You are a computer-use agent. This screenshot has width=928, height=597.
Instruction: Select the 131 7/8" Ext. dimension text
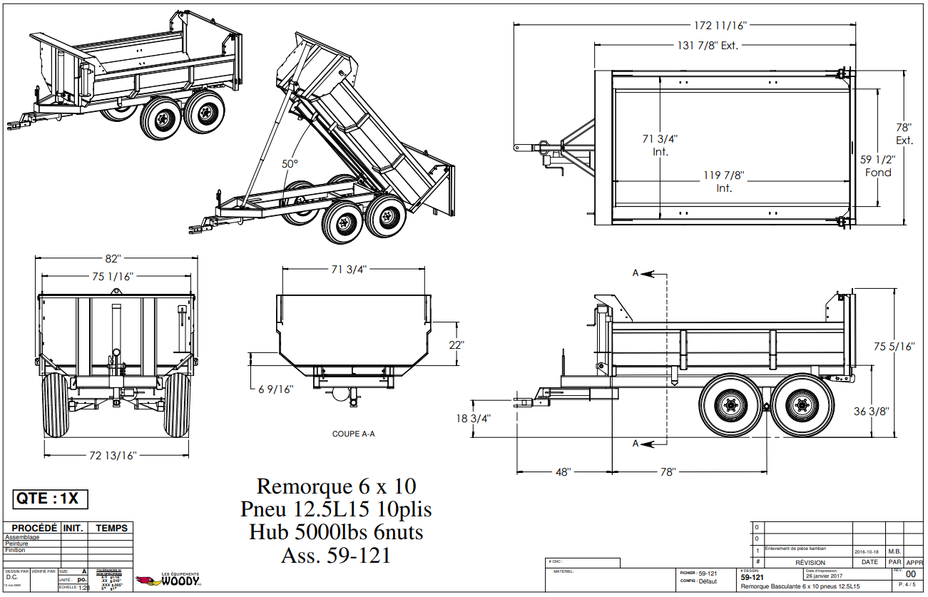707,46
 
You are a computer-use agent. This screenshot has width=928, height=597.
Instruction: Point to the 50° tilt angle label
290,164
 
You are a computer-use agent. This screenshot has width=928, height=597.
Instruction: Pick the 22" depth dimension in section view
457,344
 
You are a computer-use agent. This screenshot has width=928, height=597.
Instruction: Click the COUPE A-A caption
353,434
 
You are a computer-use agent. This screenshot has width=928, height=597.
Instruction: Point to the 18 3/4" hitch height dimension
474,418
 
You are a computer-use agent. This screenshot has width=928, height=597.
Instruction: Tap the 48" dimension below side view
564,472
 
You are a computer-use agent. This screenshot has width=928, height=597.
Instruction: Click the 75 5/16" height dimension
894,347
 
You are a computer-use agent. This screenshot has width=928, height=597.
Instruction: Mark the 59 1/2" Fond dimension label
878,166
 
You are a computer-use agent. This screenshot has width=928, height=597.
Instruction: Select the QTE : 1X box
51,499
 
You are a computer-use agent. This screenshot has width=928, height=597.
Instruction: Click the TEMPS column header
112,529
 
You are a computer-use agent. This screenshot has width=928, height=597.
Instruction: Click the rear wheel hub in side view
801,406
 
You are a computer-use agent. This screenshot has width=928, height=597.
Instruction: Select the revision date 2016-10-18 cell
867,551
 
